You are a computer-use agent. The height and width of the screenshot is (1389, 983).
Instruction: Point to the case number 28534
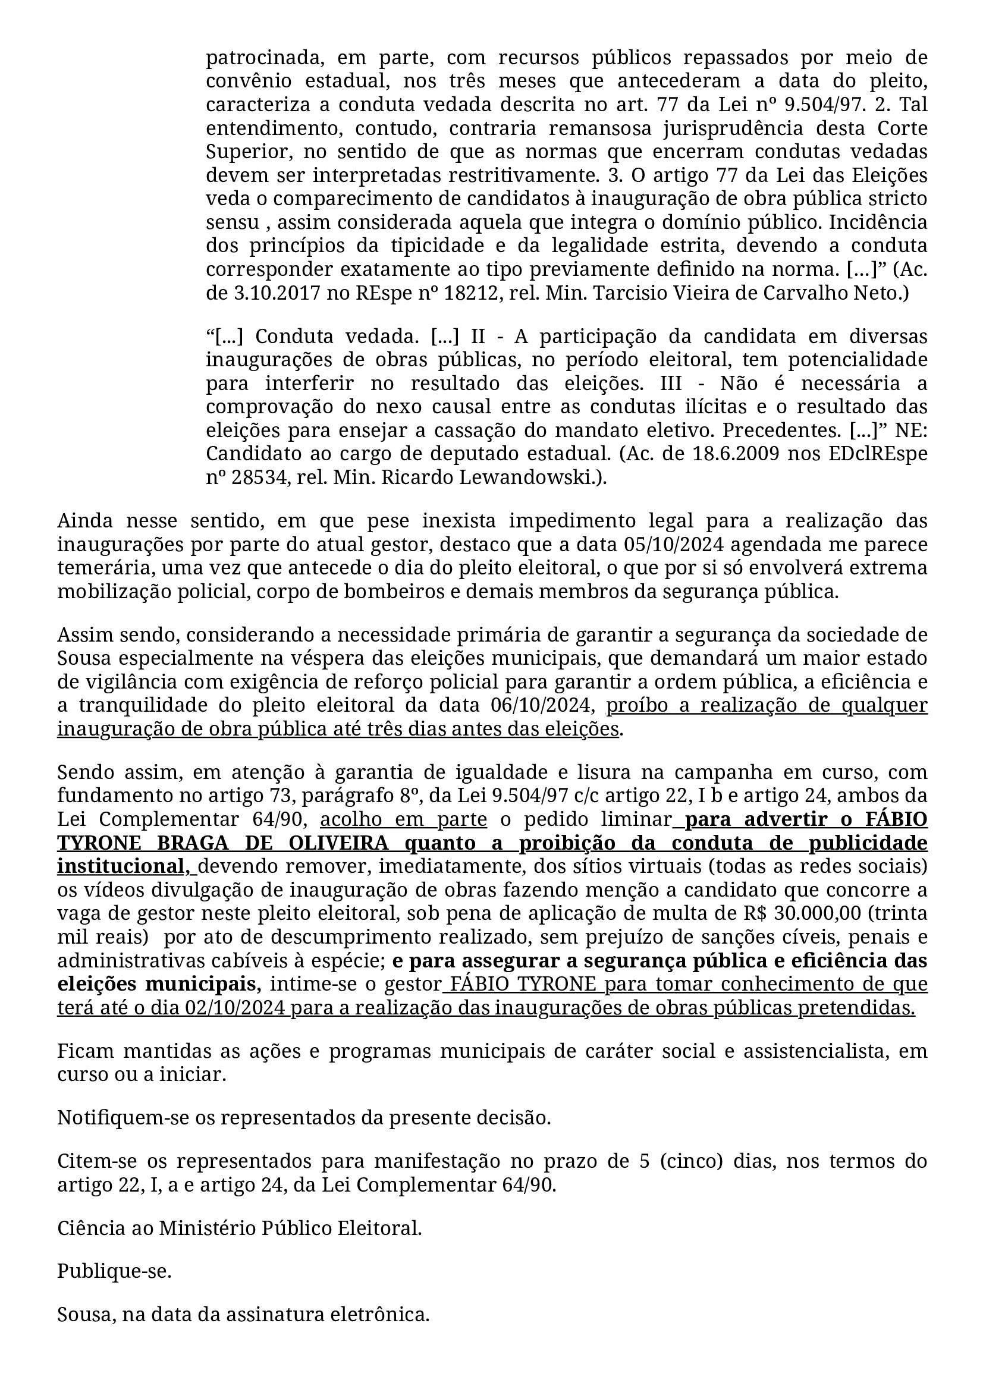pyautogui.click(x=252, y=477)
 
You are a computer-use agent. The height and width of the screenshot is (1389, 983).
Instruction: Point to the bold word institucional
pyautogui.click(x=122, y=867)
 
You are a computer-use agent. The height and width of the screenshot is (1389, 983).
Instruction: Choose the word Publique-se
pyautogui.click(x=114, y=1272)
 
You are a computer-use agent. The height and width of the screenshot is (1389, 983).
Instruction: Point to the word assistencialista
pyautogui.click(x=816, y=1051)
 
